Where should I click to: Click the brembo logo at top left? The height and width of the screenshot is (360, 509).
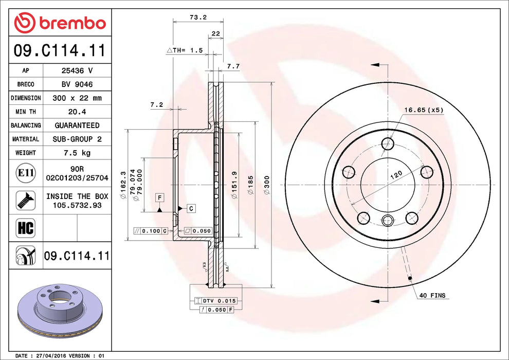[60, 23]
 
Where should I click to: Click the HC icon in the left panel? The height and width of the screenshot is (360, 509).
[26, 228]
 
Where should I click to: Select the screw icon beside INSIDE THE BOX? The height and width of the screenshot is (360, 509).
[25, 200]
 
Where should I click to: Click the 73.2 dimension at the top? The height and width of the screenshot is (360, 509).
[197, 17]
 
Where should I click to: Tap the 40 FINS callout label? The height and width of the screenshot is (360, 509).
[432, 296]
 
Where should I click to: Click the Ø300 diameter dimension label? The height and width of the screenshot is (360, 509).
[267, 185]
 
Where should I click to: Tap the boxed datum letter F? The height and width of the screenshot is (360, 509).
[160, 197]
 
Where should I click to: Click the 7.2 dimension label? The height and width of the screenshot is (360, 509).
[156, 104]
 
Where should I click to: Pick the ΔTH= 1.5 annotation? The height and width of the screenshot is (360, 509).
[185, 50]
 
